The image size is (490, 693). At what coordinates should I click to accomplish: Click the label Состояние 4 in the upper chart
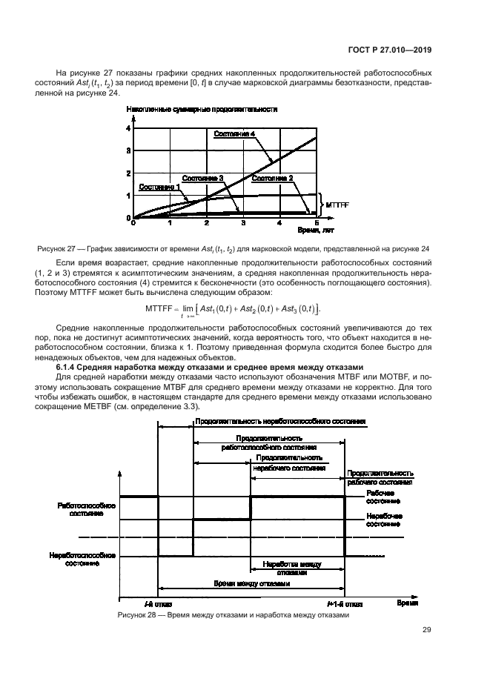(x=235, y=133)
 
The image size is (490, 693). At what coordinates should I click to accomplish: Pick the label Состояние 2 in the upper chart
(x=272, y=178)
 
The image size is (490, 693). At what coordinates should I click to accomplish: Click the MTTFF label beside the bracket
(x=337, y=202)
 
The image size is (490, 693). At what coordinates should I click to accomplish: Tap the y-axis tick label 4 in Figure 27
(x=128, y=128)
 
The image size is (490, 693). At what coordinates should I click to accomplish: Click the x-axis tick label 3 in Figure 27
(x=242, y=223)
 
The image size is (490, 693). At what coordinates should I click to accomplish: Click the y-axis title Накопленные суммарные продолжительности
(x=202, y=110)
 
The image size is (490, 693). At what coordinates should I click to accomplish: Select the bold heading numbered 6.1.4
(x=209, y=367)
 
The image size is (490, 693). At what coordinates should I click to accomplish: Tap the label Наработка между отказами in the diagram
(x=292, y=568)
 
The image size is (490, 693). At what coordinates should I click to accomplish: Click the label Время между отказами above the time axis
(x=251, y=584)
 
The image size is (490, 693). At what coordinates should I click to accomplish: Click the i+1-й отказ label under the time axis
(x=345, y=605)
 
